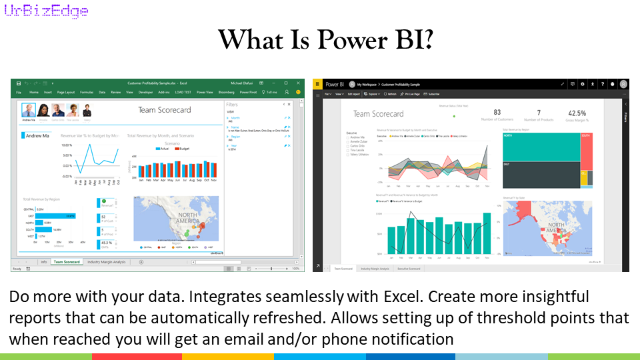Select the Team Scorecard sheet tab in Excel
click(67, 262)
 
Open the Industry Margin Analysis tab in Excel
click(107, 262)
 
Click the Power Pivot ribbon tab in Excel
click(248, 92)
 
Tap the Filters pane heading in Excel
click(232, 105)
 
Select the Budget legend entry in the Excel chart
click(184, 149)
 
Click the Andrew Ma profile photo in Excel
click(28, 111)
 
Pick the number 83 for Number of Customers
click(497, 113)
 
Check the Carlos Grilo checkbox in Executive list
click(347, 146)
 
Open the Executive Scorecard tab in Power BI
click(409, 268)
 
